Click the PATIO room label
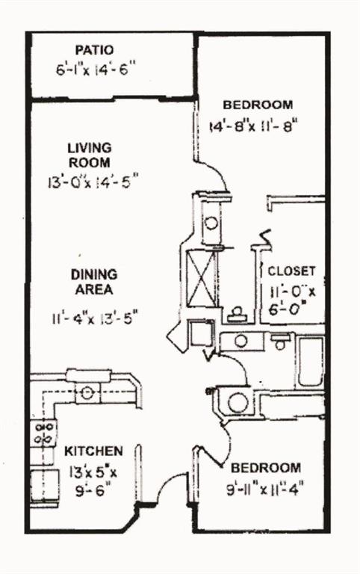pyautogui.click(x=94, y=50)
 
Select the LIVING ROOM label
pyautogui.click(x=90, y=155)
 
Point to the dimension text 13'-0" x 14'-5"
pyautogui.click(x=93, y=182)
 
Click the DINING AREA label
pyautogui.click(x=94, y=282)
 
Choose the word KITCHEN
pyautogui.click(x=93, y=451)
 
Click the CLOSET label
pyautogui.click(x=291, y=271)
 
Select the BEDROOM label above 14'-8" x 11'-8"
pyautogui.click(x=258, y=105)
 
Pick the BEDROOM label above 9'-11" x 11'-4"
pyautogui.click(x=266, y=468)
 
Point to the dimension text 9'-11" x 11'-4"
pyautogui.click(x=265, y=489)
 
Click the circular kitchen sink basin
pyautogui.click(x=87, y=394)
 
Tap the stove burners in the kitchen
pyautogui.click(x=43, y=433)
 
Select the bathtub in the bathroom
pyautogui.click(x=311, y=362)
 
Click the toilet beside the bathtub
pyautogui.click(x=280, y=341)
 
